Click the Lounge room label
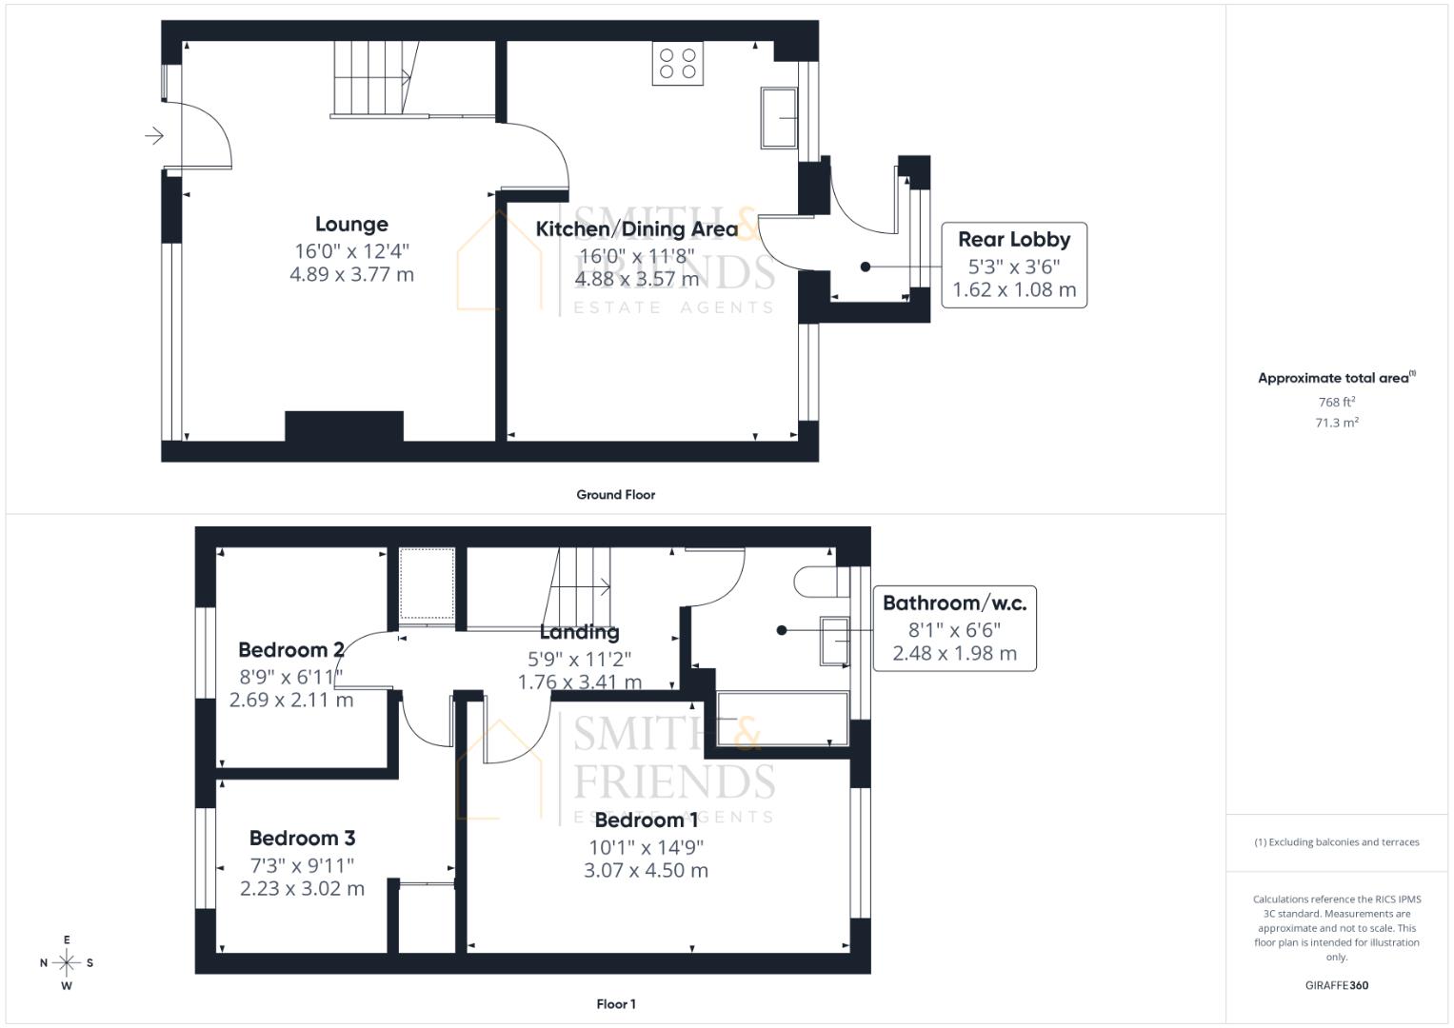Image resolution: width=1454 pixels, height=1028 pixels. (x=351, y=225)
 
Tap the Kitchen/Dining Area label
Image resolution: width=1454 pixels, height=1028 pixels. (x=636, y=229)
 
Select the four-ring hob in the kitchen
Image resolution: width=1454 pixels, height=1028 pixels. (x=677, y=63)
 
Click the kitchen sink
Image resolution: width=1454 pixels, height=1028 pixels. (x=779, y=118)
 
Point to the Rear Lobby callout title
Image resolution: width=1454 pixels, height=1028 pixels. (x=1013, y=240)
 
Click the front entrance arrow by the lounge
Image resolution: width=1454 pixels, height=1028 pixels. (x=153, y=137)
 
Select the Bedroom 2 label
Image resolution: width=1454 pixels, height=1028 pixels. (x=290, y=650)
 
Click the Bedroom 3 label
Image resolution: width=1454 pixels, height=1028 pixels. (x=302, y=839)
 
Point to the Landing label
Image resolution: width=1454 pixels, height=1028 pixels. (x=579, y=632)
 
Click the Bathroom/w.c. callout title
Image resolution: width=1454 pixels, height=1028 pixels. (x=954, y=603)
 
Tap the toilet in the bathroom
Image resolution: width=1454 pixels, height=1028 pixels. (x=815, y=582)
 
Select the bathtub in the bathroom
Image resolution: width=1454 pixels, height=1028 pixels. (x=782, y=719)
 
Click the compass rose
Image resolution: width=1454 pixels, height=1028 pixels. (x=67, y=963)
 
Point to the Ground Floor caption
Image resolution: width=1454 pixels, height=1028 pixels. (x=615, y=495)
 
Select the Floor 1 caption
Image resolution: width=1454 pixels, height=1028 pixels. (x=615, y=1004)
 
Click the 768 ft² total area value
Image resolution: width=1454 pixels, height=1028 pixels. (x=1336, y=403)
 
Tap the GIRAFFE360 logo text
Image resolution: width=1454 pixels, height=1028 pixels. (x=1336, y=986)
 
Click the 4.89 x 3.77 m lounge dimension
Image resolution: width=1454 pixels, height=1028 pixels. (x=351, y=275)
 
